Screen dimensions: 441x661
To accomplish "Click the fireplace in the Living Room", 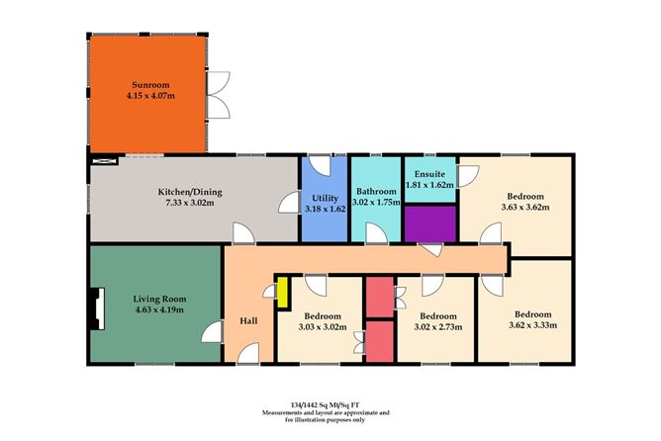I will coord(95,307).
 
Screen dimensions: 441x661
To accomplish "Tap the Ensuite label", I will coord(430,173).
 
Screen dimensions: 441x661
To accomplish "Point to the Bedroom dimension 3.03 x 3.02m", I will coord(323,323).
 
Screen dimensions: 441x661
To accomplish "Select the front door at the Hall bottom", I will coord(248,354).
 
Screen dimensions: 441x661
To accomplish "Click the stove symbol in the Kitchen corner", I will coord(103,160).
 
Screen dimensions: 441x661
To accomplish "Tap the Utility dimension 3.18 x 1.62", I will coord(326,210).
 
